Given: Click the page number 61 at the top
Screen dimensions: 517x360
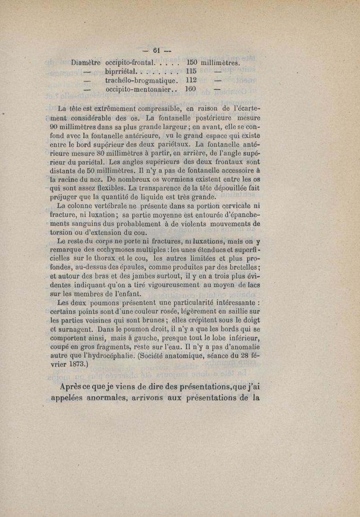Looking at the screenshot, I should pyautogui.click(x=157, y=50).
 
